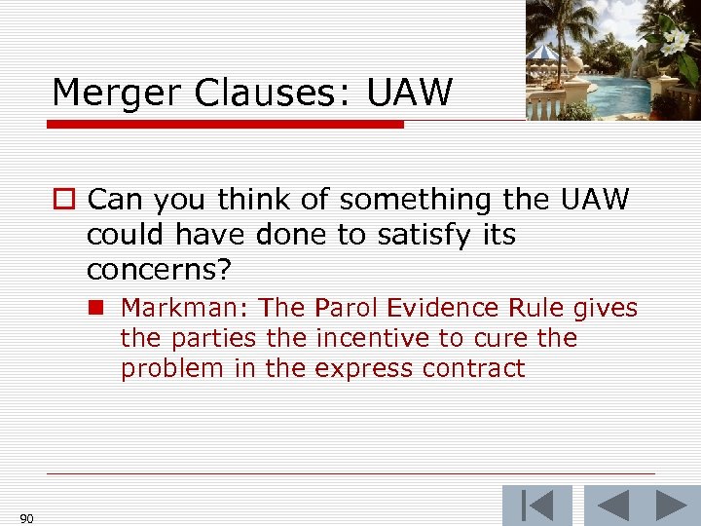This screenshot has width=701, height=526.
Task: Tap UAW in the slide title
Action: (x=410, y=93)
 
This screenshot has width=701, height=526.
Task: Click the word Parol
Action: (x=345, y=309)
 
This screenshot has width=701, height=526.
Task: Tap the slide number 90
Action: (x=26, y=518)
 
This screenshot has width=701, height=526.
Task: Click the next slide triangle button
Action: (x=671, y=507)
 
